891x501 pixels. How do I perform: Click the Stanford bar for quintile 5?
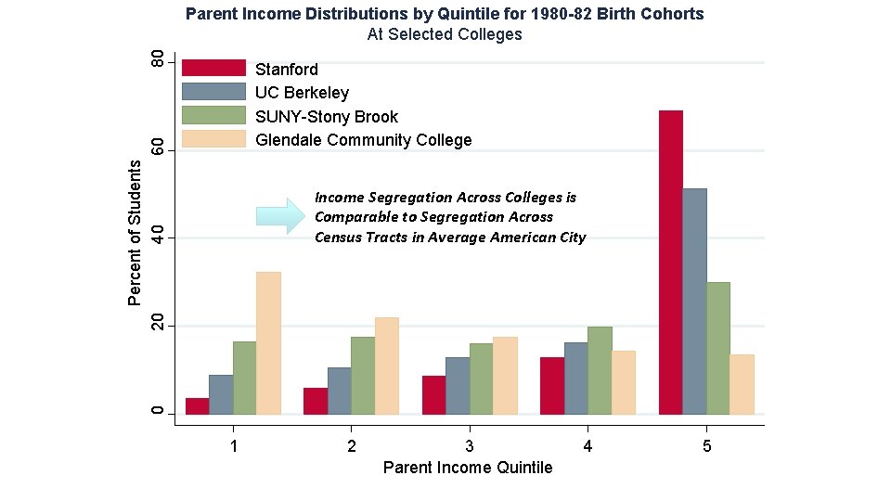pyautogui.click(x=670, y=263)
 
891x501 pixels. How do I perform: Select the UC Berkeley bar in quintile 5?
pyautogui.click(x=694, y=302)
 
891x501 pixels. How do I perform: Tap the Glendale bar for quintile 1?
pyautogui.click(x=268, y=343)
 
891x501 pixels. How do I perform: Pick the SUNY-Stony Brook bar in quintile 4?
pyautogui.click(x=600, y=370)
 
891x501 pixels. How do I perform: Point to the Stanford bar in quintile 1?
pyautogui.click(x=197, y=406)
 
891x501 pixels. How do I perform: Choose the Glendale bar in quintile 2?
pyautogui.click(x=386, y=366)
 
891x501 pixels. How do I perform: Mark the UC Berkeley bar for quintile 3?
pyautogui.click(x=458, y=386)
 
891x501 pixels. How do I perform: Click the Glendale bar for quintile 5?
pyautogui.click(x=742, y=384)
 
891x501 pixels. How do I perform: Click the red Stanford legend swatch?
pyautogui.click(x=213, y=68)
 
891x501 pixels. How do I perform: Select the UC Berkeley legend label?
pyautogui.click(x=302, y=93)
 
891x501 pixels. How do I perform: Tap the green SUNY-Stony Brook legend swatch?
pyautogui.click(x=213, y=115)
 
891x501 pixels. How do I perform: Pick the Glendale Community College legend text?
pyautogui.click(x=363, y=140)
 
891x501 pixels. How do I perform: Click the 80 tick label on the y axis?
pyautogui.click(x=158, y=59)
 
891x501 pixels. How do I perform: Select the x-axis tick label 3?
pyautogui.click(x=470, y=446)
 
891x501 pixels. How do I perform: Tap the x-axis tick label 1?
pyautogui.click(x=234, y=446)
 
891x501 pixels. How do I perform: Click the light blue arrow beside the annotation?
pyautogui.click(x=280, y=216)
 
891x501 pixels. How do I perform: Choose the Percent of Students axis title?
pyautogui.click(x=134, y=233)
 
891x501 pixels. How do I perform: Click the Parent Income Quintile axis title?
pyautogui.click(x=468, y=468)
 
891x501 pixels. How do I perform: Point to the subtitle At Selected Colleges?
pyautogui.click(x=445, y=34)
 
